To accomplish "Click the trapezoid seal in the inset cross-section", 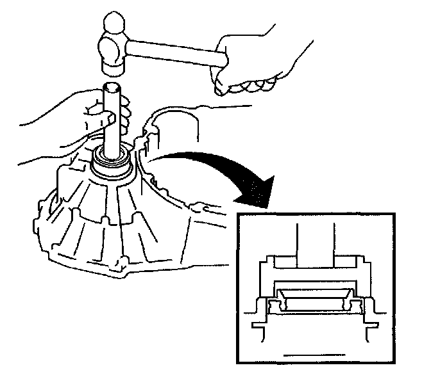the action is click(x=315, y=298).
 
